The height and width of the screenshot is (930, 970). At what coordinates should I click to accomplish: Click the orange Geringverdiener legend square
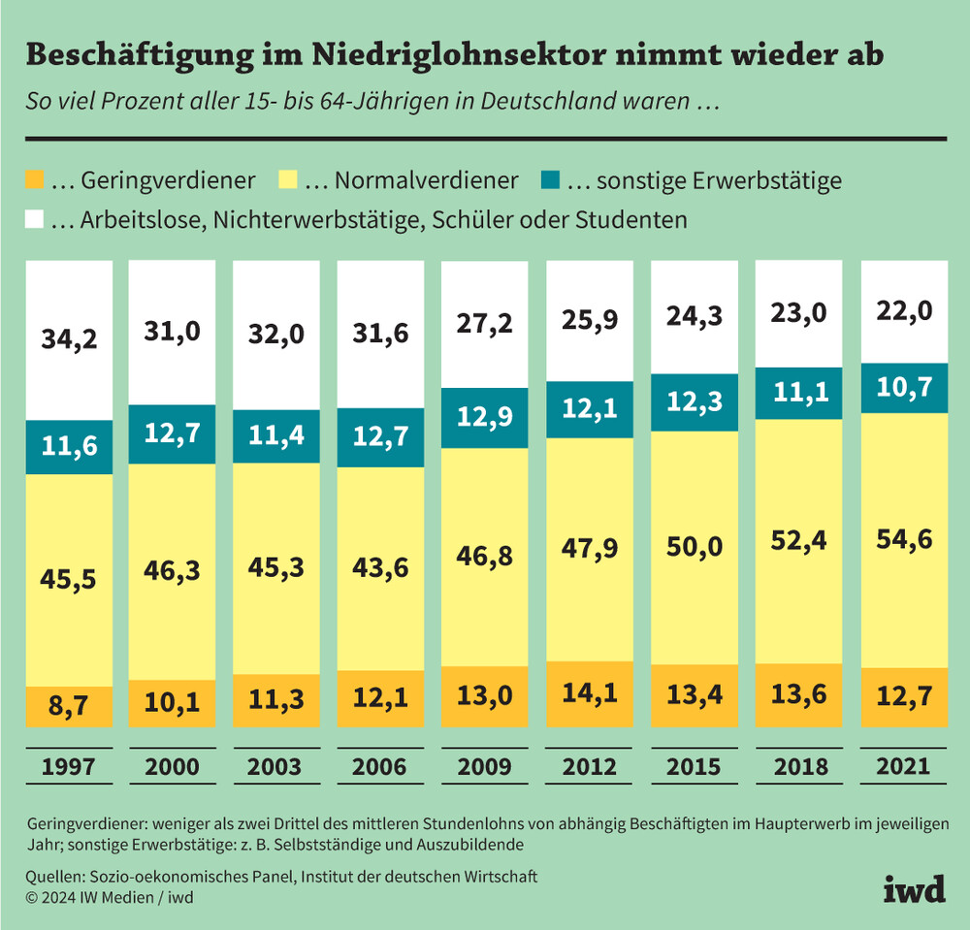click(x=35, y=180)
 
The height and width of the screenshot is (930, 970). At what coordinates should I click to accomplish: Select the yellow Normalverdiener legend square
click(x=288, y=180)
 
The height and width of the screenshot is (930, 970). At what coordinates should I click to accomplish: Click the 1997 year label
click(x=68, y=767)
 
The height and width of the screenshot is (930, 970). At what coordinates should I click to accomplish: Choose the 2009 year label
click(x=484, y=767)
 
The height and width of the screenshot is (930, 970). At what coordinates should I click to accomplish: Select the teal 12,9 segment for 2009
click(x=484, y=418)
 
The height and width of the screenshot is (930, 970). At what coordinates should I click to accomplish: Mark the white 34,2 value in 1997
click(x=68, y=339)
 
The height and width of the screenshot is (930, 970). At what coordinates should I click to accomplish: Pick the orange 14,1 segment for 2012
click(x=589, y=695)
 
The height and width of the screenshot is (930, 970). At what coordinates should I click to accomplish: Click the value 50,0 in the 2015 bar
click(x=694, y=548)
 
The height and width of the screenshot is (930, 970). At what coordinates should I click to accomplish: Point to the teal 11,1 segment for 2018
click(x=797, y=393)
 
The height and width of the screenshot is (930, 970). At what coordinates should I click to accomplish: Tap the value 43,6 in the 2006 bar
click(x=380, y=568)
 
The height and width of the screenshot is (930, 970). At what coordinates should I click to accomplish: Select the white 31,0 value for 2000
click(x=172, y=332)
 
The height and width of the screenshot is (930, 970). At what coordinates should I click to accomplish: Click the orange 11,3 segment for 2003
click(x=276, y=700)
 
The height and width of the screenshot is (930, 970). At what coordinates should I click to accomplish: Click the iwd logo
click(x=914, y=889)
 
